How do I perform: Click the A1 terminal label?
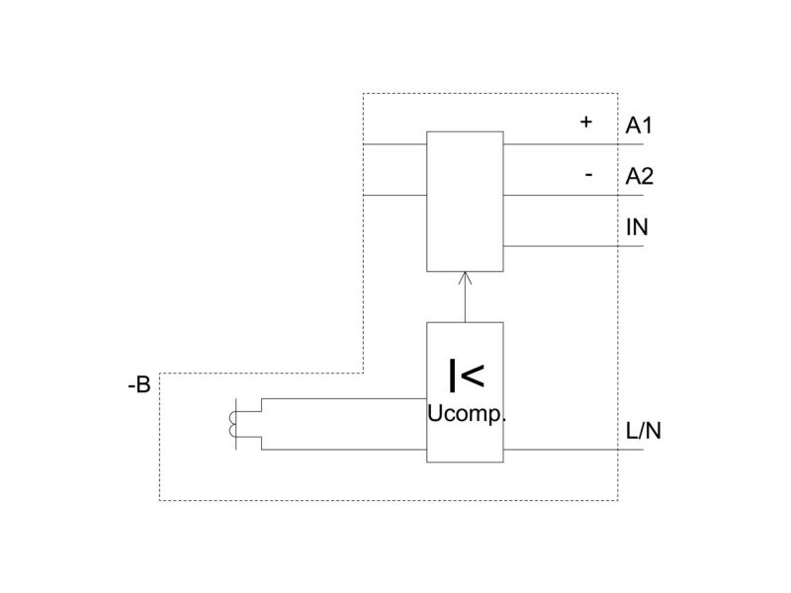[638, 126]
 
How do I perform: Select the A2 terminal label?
[639, 177]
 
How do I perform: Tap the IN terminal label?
[637, 227]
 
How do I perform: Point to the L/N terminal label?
[644, 431]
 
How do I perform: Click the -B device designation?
[139, 385]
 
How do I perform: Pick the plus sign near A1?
[585, 122]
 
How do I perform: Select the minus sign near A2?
[588, 175]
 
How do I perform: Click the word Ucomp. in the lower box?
[466, 414]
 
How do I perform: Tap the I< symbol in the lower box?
[467, 375]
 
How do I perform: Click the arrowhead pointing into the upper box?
[465, 278]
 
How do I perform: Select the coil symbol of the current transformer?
[232, 424]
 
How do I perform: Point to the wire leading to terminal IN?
[573, 246]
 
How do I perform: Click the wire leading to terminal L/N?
[573, 450]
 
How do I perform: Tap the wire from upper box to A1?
[573, 144]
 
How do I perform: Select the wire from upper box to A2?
[573, 195]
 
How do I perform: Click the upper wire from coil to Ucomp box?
[344, 398]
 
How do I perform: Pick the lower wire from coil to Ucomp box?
[344, 450]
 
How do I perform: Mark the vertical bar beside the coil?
[236, 424]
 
